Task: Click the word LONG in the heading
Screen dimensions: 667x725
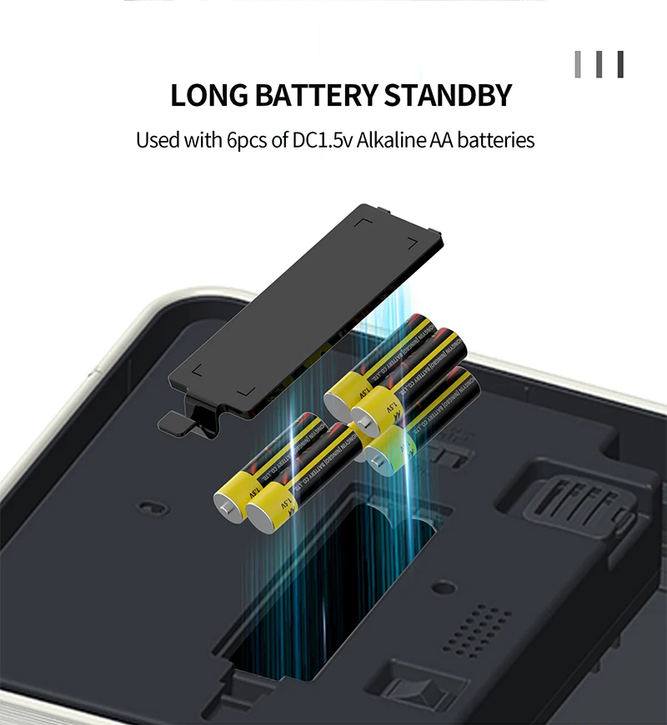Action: point(204,95)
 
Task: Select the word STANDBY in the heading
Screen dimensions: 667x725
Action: point(448,95)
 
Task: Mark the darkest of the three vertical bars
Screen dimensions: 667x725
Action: point(619,64)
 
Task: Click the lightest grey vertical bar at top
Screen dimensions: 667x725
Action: point(578,64)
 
